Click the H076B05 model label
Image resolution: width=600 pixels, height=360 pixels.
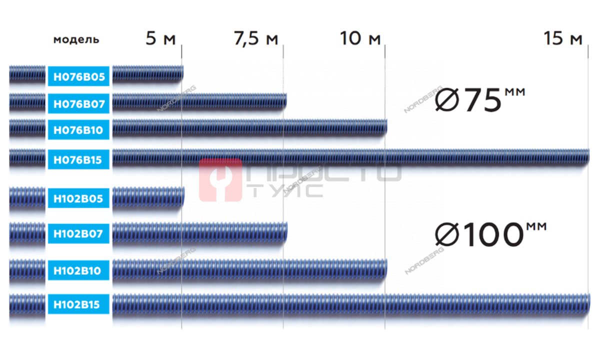point(79,76)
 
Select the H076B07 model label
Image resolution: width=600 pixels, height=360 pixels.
point(79,103)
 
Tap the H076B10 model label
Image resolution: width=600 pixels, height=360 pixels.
point(79,130)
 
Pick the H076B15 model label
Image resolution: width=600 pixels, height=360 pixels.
point(79,159)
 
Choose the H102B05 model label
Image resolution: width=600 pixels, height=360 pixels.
point(79,198)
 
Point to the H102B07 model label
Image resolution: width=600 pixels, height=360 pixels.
point(79,233)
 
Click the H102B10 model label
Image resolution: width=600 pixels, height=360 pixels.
point(79,270)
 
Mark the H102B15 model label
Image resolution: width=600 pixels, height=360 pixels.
point(79,304)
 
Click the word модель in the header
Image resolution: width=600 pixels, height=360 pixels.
point(76,39)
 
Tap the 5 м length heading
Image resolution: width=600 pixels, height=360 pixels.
point(160,38)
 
